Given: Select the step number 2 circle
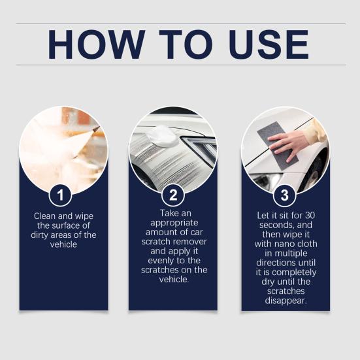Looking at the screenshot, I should [x=173, y=194].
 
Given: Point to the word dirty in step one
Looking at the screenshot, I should [x=45, y=235].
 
